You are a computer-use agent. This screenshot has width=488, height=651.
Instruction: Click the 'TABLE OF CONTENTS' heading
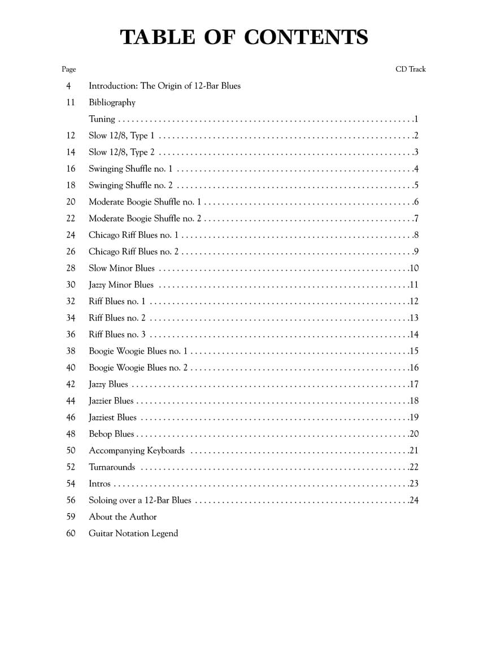(x=244, y=37)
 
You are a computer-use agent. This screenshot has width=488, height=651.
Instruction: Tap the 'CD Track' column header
(x=411, y=70)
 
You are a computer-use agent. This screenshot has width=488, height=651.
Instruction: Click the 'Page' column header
(x=69, y=70)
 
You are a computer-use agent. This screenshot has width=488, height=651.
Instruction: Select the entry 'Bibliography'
(x=112, y=102)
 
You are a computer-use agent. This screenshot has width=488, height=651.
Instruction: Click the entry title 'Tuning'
(x=102, y=119)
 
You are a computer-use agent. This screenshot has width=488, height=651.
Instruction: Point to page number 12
(x=71, y=136)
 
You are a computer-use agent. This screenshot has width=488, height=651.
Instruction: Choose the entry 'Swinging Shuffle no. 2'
(x=130, y=185)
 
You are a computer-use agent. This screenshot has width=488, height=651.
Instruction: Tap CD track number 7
(x=416, y=219)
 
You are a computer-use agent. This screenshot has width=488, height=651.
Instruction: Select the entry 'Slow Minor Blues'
(x=121, y=268)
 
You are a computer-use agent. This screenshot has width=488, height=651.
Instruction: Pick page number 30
(x=71, y=285)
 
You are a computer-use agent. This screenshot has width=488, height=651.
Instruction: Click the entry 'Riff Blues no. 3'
(x=117, y=335)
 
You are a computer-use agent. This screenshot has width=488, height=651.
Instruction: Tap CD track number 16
(x=414, y=368)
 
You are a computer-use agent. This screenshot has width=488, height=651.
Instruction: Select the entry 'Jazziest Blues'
(x=112, y=418)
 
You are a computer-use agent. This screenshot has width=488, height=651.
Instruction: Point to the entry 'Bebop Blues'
(x=111, y=434)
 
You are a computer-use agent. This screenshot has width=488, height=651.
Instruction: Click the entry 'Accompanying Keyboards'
(x=137, y=450)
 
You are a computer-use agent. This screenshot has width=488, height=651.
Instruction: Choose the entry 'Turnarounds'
(x=112, y=467)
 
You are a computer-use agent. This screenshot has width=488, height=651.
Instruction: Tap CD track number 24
(x=414, y=500)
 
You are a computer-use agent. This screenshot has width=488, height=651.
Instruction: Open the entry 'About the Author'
(x=123, y=517)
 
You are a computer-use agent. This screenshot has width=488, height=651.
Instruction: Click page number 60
(x=71, y=533)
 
